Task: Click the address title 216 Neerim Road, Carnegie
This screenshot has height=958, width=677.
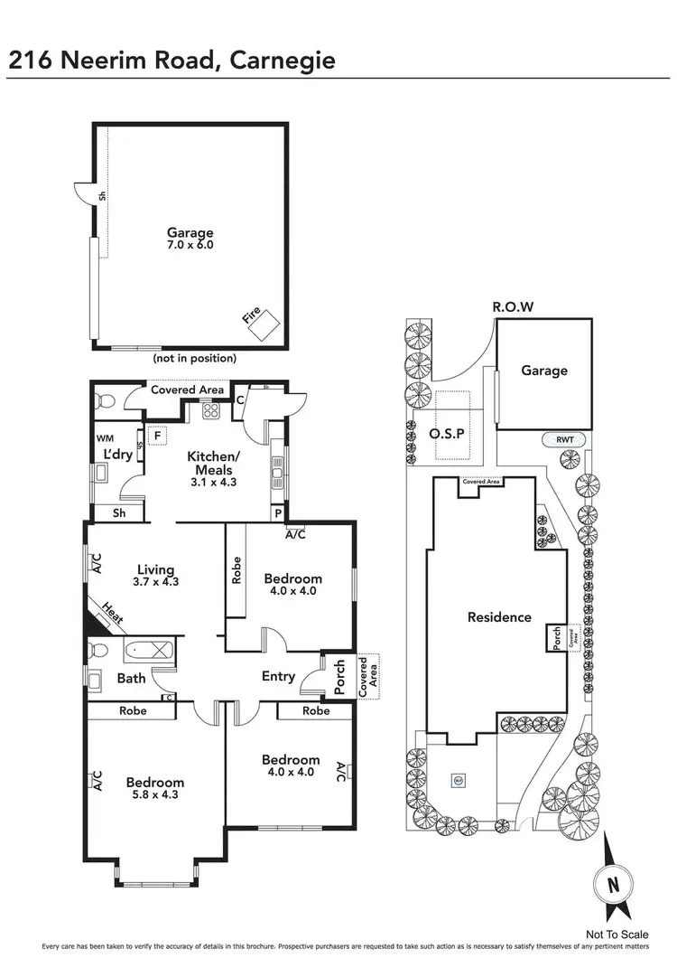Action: [172, 60]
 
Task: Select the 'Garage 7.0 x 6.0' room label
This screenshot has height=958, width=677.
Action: [190, 239]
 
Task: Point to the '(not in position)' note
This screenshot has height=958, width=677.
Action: [196, 358]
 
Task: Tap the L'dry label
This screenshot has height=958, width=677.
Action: [118, 454]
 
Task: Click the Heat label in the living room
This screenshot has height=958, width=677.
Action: [113, 615]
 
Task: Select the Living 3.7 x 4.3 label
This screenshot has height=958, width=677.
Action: [155, 576]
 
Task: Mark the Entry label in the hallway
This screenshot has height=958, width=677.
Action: [278, 676]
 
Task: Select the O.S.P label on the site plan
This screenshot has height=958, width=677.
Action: [448, 433]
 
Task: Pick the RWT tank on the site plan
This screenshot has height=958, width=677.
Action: [564, 440]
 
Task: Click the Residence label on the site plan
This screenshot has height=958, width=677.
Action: [499, 617]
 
